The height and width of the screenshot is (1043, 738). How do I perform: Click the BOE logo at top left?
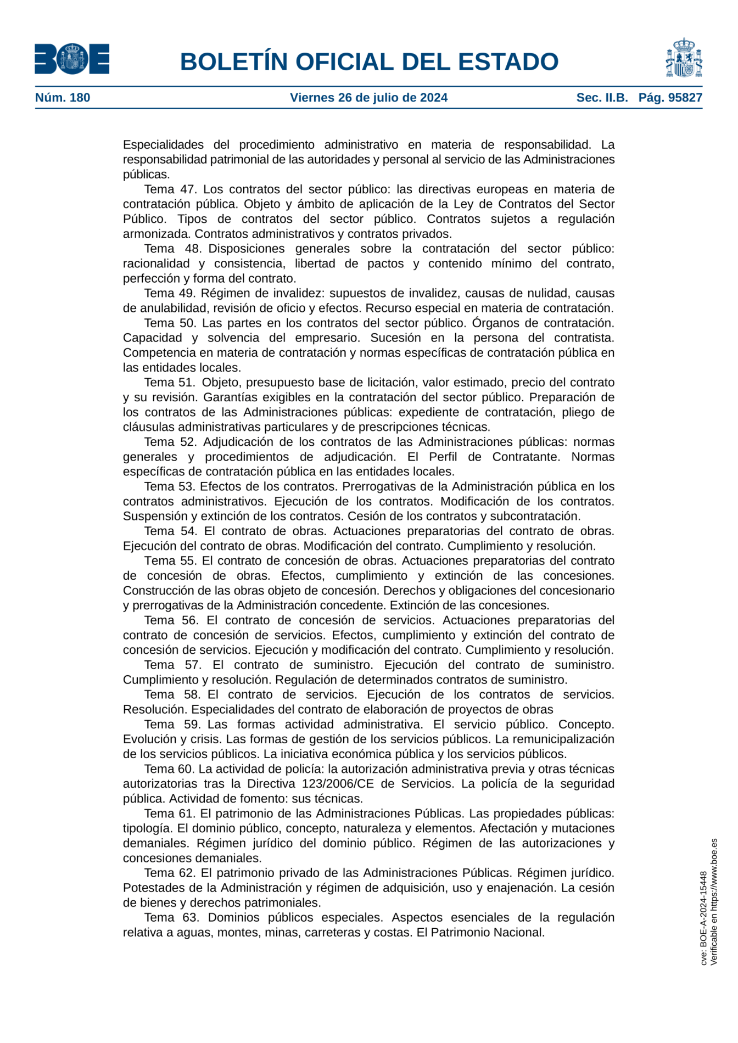point(72,59)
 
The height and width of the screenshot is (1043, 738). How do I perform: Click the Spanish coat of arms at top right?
point(684,58)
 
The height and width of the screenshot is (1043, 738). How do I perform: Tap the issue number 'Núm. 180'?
point(63,98)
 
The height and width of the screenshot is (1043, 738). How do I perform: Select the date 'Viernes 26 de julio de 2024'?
point(368,98)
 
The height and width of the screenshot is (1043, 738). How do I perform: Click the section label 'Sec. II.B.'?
point(602,98)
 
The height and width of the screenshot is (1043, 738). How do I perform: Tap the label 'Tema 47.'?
point(170,189)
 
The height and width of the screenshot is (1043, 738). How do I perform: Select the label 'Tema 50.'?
point(170,323)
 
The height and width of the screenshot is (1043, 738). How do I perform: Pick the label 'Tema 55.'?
point(170,560)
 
